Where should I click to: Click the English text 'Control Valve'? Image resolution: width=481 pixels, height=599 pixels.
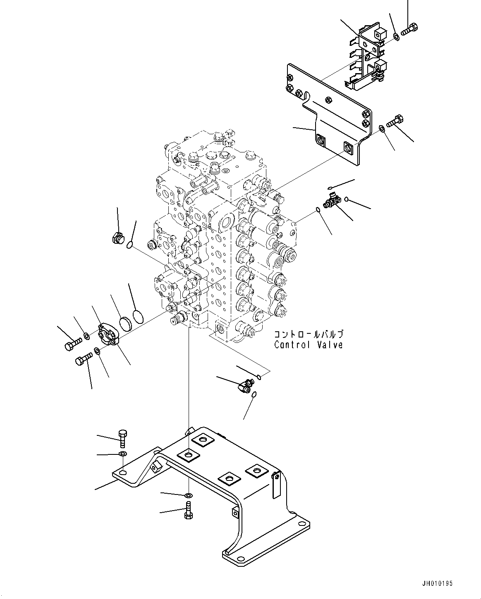point(308,345)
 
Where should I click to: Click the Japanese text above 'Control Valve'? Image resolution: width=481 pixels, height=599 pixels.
point(308,334)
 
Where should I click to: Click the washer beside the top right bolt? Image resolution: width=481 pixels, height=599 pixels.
point(396,36)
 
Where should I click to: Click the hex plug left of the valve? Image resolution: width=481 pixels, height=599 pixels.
point(117,238)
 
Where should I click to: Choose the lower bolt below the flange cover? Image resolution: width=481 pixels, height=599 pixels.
point(84,359)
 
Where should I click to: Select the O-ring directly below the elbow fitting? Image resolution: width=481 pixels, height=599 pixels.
point(254,395)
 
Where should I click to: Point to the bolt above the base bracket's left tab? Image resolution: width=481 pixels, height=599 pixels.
point(123,443)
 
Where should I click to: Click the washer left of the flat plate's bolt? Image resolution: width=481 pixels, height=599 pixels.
point(382,128)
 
